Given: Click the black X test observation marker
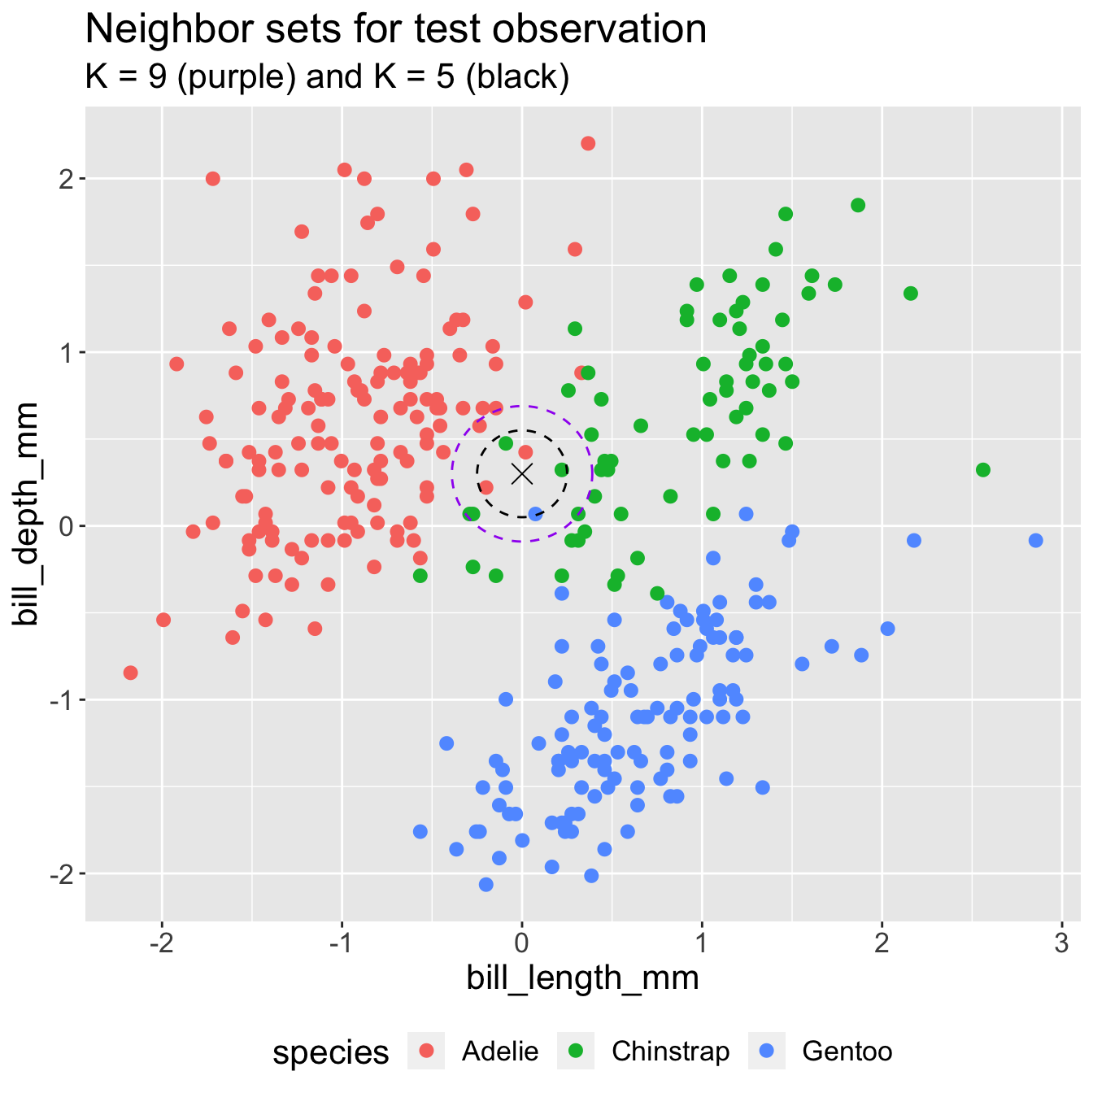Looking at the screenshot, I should tap(522, 473).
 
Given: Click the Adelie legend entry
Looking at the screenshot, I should tap(499, 1052).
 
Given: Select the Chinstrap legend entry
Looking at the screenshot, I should tap(670, 1052).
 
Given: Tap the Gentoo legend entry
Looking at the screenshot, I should tap(847, 1052).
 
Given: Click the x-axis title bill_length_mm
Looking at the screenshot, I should tap(582, 978).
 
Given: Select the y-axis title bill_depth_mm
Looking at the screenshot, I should tap(28, 514).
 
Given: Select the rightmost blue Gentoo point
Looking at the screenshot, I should tap(1035, 540).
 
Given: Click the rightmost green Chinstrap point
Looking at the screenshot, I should tap(983, 470).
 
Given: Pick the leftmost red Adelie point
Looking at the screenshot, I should tap(130, 673).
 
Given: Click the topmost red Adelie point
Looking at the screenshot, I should tap(588, 143).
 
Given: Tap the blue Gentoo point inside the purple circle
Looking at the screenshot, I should tap(535, 514).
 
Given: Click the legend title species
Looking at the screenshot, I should tap(331, 1052).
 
